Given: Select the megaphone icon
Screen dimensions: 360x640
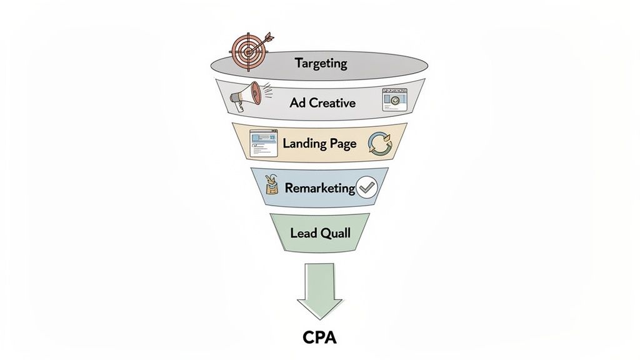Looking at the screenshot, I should coord(245,97).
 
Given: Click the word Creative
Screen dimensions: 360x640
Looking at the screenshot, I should coord(332,102).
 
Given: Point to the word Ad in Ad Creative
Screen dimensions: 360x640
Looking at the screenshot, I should coord(297,102).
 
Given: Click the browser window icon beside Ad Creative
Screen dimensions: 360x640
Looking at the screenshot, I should coord(394,99).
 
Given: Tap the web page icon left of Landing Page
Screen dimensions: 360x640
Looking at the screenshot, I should coord(262,144).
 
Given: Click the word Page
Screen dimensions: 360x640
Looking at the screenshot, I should coord(342,144).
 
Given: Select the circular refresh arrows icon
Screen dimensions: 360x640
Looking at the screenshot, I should coord(380,143).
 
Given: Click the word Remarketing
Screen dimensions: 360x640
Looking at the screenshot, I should coord(319,188).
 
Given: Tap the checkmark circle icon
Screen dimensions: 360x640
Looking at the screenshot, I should coord(366,188).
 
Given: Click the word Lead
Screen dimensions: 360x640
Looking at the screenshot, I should coord(304,233).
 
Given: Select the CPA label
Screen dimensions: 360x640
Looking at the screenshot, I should coord(319,337).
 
